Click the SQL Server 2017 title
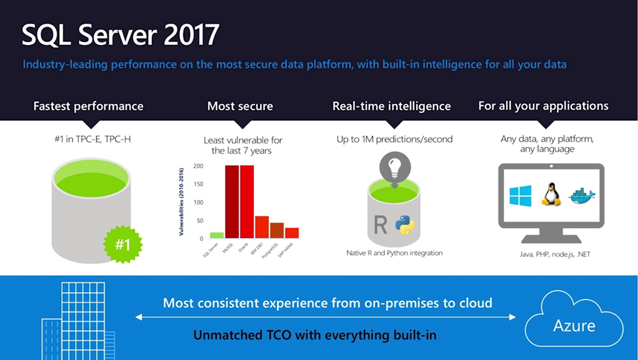pos(120,36)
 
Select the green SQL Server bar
pos(217,235)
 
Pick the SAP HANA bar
pos(292,233)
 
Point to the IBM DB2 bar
pos(262,227)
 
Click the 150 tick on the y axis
pos(199,184)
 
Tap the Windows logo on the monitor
pos(520,196)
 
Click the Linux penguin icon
pos(550,194)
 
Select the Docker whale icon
pos(581,196)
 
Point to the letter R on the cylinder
pos(380,224)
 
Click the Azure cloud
pos(574,324)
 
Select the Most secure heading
pos(240,107)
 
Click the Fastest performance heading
pos(88,107)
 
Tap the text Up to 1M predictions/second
pos(394,140)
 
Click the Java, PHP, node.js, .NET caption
pos(551,255)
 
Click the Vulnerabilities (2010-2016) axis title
pos(181,202)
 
